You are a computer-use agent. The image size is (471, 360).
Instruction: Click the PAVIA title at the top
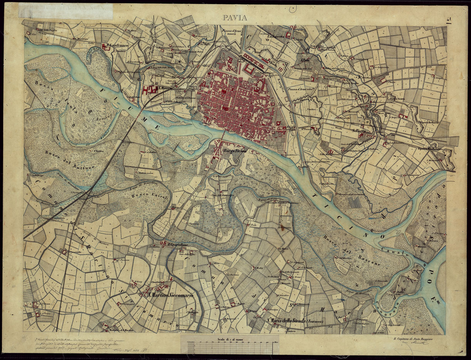[x=234, y=17]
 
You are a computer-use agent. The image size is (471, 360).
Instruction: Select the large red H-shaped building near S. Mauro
[x=147, y=90]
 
